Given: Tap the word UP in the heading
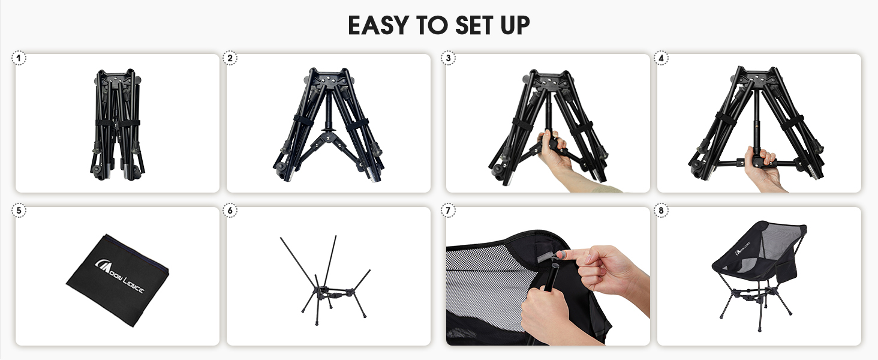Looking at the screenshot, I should (x=513, y=26).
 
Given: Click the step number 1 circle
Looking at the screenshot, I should (x=19, y=58).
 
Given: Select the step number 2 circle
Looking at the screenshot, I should (x=230, y=58).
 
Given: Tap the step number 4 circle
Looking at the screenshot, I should (x=661, y=58).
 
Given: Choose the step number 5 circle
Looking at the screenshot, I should (x=19, y=211).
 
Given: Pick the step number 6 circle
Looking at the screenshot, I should (x=230, y=211).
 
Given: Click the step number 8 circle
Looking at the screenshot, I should (x=661, y=211).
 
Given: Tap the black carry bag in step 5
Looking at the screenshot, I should (x=117, y=278).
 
